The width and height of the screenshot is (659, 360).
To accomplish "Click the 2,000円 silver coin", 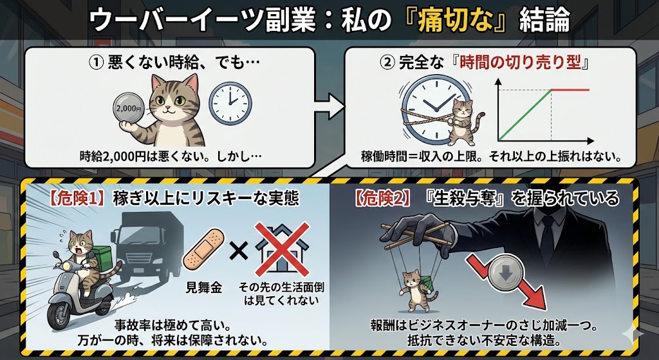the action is (x=129, y=108).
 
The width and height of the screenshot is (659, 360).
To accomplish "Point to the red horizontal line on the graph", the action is (x=570, y=90).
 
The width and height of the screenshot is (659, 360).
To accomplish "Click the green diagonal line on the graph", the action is (x=525, y=115).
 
